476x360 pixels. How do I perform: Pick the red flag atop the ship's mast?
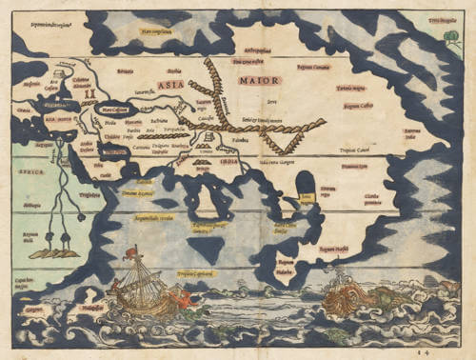pos(131,250)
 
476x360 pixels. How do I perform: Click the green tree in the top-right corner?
pos(450,38)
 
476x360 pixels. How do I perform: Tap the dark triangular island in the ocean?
pos(207,249)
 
